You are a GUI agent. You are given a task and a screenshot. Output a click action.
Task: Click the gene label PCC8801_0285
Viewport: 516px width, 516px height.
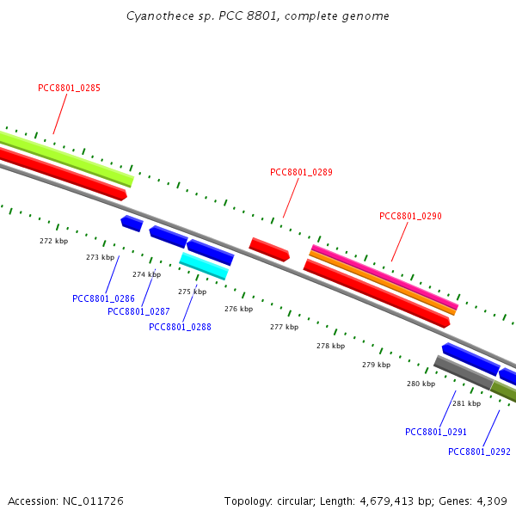[69, 89]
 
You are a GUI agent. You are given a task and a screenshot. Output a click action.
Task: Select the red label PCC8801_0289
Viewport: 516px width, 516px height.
[301, 173]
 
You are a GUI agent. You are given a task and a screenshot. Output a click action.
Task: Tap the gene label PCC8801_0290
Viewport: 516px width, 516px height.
[410, 216]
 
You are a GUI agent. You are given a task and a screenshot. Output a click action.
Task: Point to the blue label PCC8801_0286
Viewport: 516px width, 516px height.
[103, 298]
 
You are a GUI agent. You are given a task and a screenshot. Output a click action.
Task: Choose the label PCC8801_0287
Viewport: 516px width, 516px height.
[138, 311]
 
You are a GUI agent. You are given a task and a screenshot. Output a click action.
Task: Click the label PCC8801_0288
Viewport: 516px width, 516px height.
[180, 327]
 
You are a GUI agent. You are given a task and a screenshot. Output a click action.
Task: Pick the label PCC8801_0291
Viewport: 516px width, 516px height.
[436, 432]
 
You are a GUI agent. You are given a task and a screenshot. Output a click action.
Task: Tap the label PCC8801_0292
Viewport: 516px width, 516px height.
[479, 451]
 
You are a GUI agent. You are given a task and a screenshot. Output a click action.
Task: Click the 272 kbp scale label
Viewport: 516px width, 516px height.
[53, 241]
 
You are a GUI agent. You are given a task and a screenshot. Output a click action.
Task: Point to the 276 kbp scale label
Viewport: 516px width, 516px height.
[238, 309]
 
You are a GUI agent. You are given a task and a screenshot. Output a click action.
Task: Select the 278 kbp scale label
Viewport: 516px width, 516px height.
[331, 346]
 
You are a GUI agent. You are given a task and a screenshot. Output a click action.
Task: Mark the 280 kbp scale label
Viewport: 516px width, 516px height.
[421, 384]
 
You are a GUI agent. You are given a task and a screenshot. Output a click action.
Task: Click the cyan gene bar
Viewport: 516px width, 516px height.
[204, 267]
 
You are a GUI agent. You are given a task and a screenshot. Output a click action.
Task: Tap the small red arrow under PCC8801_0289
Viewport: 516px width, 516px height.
[269, 249]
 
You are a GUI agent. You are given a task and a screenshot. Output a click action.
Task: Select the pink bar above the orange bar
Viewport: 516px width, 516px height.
[384, 278]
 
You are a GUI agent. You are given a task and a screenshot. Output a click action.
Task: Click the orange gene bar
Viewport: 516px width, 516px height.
[383, 283]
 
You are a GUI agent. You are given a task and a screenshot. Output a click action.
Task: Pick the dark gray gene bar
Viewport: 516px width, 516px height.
[464, 373]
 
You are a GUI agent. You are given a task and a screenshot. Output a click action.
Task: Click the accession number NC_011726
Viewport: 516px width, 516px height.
[93, 501]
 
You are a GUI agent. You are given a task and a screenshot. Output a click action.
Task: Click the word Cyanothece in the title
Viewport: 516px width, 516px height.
[160, 15]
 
